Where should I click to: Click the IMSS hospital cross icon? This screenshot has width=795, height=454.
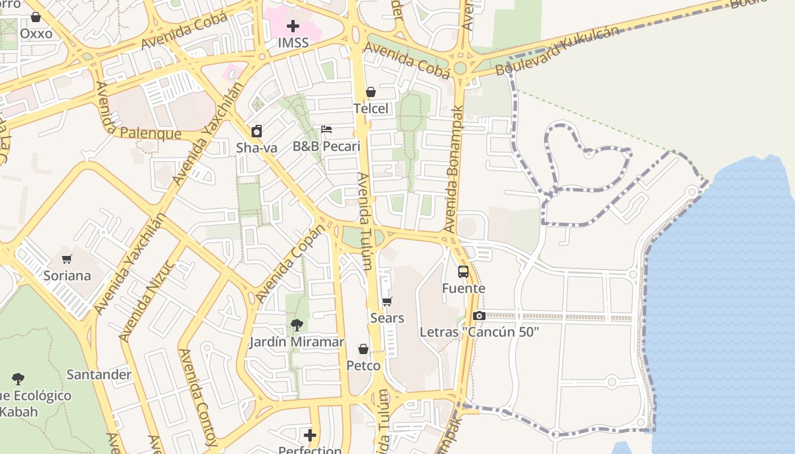[x=293, y=26]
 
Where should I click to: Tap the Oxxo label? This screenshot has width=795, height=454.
[x=36, y=33]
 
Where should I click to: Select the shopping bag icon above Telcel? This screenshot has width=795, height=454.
[x=371, y=92]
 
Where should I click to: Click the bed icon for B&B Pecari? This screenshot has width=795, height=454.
[x=327, y=129]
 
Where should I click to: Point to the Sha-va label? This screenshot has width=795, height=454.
[x=257, y=148]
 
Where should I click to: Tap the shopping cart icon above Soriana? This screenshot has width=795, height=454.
[x=67, y=259]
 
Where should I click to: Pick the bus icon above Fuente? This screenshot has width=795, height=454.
[x=463, y=272]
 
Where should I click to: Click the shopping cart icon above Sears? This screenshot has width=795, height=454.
[x=387, y=301]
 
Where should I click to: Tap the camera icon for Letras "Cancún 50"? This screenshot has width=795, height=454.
[x=479, y=316]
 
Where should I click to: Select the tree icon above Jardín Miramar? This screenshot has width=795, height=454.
[x=296, y=325]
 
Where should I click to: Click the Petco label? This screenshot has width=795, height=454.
[x=363, y=366]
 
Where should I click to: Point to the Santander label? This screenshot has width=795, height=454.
[x=99, y=375]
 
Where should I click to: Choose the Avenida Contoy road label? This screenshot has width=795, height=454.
[x=197, y=397]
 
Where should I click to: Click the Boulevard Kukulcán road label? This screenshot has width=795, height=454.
[x=556, y=52]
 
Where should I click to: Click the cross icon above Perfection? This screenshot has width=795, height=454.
[x=310, y=435]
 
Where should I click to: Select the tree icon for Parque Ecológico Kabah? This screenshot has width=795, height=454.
[x=18, y=379]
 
